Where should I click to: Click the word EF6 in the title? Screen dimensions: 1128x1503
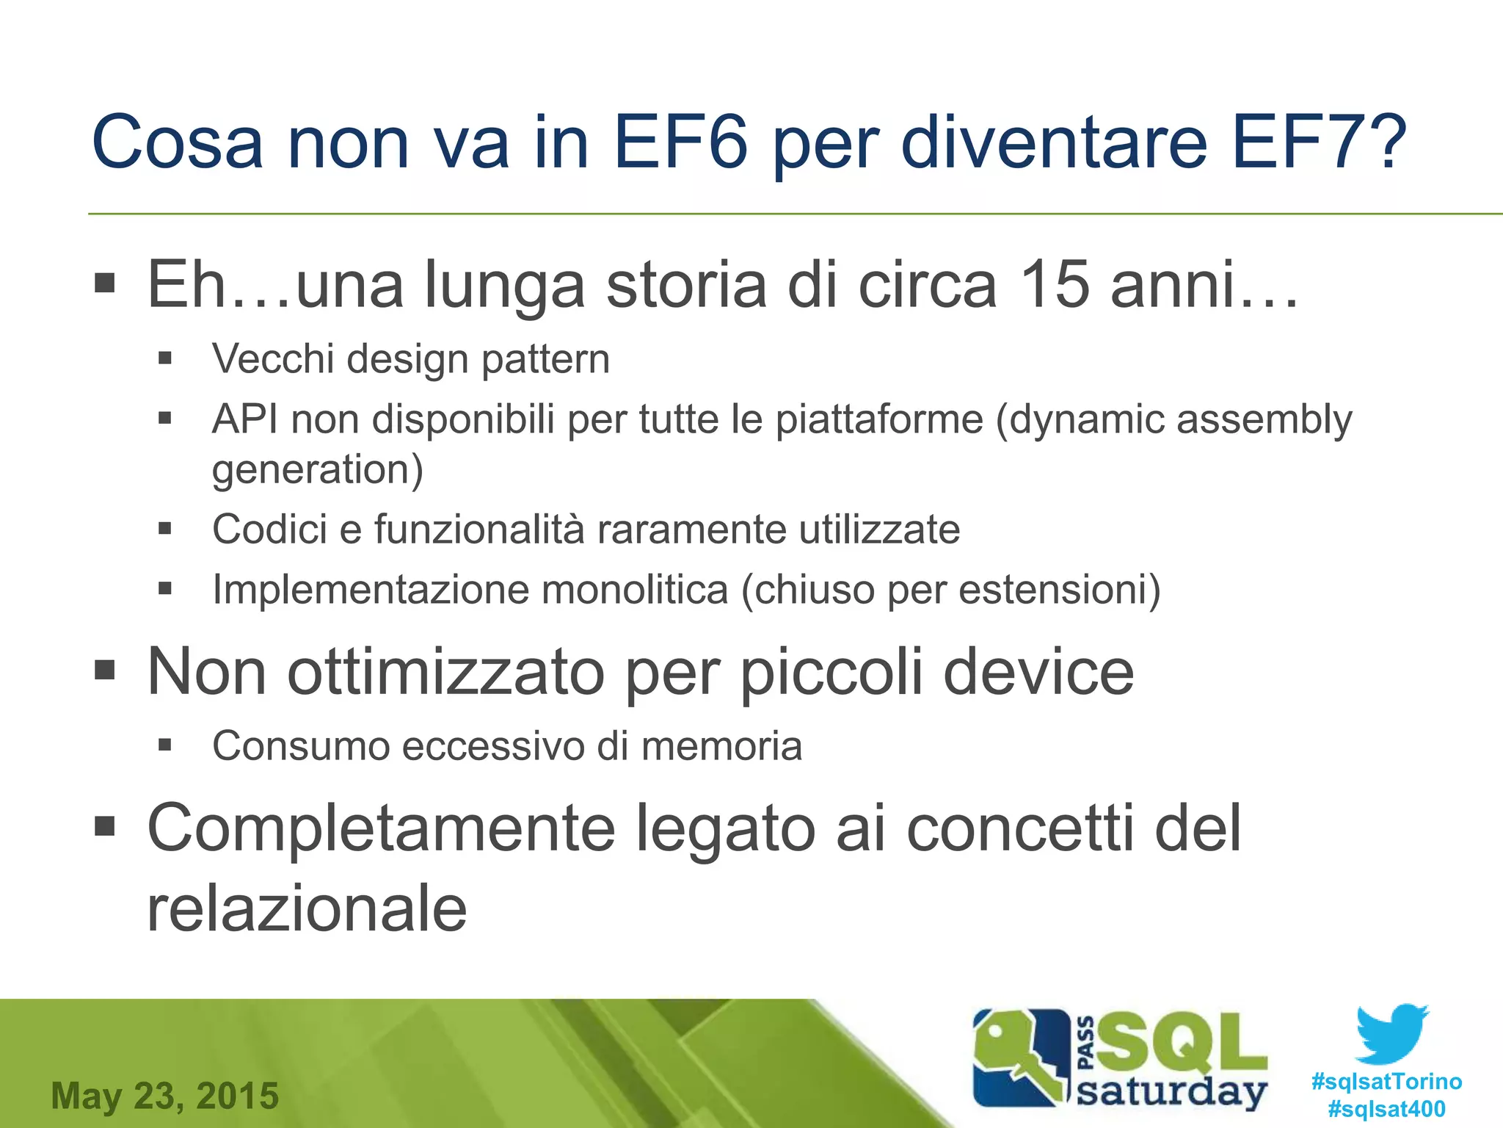680,142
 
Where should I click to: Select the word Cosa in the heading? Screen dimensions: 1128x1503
177,142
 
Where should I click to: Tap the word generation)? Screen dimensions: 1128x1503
317,470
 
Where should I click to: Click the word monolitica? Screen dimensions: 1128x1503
635,590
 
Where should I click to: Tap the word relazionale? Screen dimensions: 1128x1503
307,909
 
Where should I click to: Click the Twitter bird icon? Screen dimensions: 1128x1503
1391,1033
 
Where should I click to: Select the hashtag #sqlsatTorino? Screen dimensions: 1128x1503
1386,1082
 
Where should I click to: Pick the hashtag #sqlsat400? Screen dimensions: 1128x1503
1386,1109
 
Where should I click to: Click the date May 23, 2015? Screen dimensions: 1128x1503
165,1096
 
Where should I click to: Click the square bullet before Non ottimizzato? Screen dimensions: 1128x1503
105,670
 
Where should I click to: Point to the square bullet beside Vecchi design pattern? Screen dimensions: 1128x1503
164,358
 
